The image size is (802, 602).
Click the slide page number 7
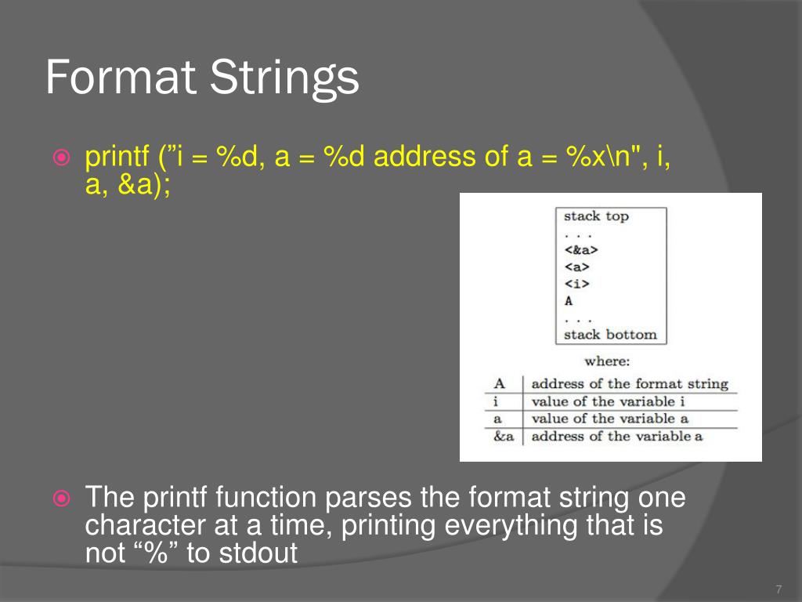[x=778, y=589]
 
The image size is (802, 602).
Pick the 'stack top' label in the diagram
[x=596, y=216]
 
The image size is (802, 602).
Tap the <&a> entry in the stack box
[x=580, y=251]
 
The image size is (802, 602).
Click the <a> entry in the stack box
[x=576, y=267]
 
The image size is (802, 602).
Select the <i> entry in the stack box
[x=576, y=284]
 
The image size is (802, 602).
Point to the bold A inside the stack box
[x=569, y=300]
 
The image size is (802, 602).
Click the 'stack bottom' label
[x=610, y=335]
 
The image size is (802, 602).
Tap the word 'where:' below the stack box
[x=607, y=362]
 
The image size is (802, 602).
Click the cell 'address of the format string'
[x=630, y=384]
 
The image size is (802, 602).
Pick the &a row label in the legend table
[x=504, y=437]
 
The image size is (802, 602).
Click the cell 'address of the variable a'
[x=616, y=437]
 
